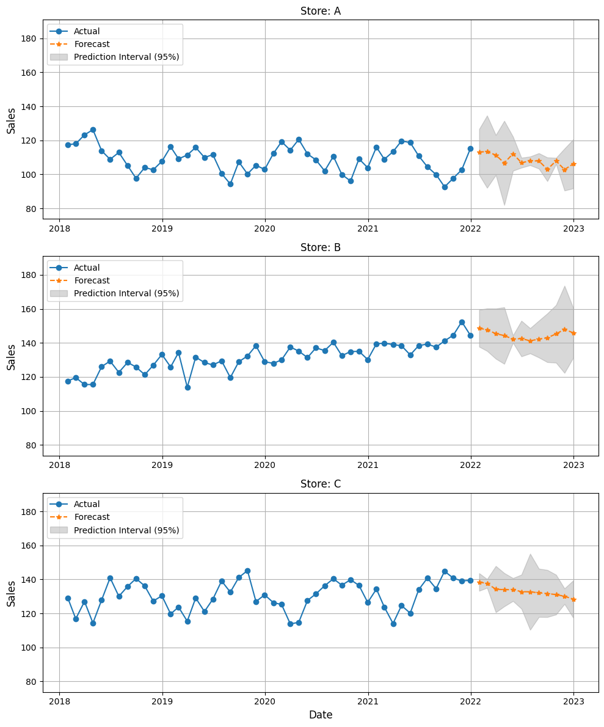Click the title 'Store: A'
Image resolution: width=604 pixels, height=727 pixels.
click(x=321, y=11)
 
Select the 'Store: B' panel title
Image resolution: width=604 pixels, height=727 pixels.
click(x=321, y=247)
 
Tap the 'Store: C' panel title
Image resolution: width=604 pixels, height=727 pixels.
click(x=321, y=484)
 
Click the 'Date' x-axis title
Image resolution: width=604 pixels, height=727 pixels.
click(x=321, y=715)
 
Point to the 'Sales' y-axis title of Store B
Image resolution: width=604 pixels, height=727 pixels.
click(x=12, y=356)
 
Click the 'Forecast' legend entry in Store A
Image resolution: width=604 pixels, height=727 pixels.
click(x=92, y=44)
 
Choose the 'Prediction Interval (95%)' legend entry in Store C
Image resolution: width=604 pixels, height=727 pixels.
click(x=126, y=530)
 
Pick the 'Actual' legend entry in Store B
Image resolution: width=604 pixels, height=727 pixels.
click(x=87, y=268)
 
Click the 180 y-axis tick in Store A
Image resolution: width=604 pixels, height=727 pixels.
click(x=30, y=38)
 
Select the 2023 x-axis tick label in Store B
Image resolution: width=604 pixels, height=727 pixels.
click(x=573, y=464)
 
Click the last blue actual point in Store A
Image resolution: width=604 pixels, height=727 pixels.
click(x=470, y=148)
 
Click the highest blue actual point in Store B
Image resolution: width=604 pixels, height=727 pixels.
click(x=462, y=322)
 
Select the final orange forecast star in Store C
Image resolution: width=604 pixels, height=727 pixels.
click(x=573, y=599)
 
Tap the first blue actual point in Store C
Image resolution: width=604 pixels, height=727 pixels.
click(x=68, y=598)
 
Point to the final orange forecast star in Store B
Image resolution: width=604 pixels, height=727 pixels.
click(x=573, y=333)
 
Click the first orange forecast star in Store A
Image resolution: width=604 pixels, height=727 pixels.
click(x=479, y=152)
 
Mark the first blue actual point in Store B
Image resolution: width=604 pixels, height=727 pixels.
click(x=68, y=381)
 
